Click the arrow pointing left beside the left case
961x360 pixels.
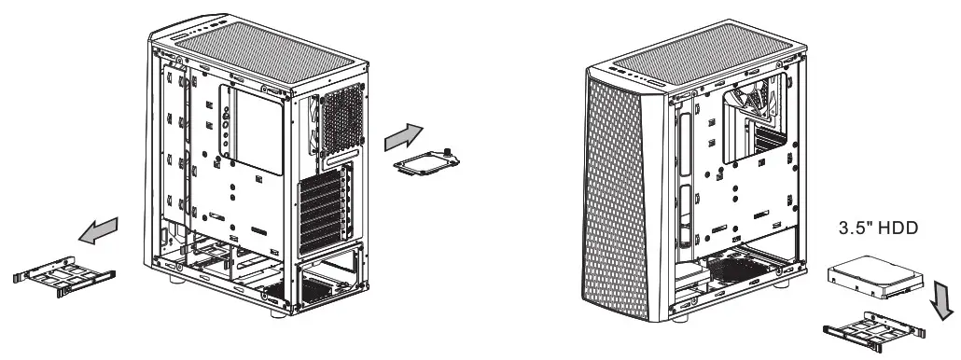[x=99, y=229]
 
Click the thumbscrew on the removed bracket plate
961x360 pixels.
[x=449, y=151]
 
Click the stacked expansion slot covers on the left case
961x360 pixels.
[x=323, y=210]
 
